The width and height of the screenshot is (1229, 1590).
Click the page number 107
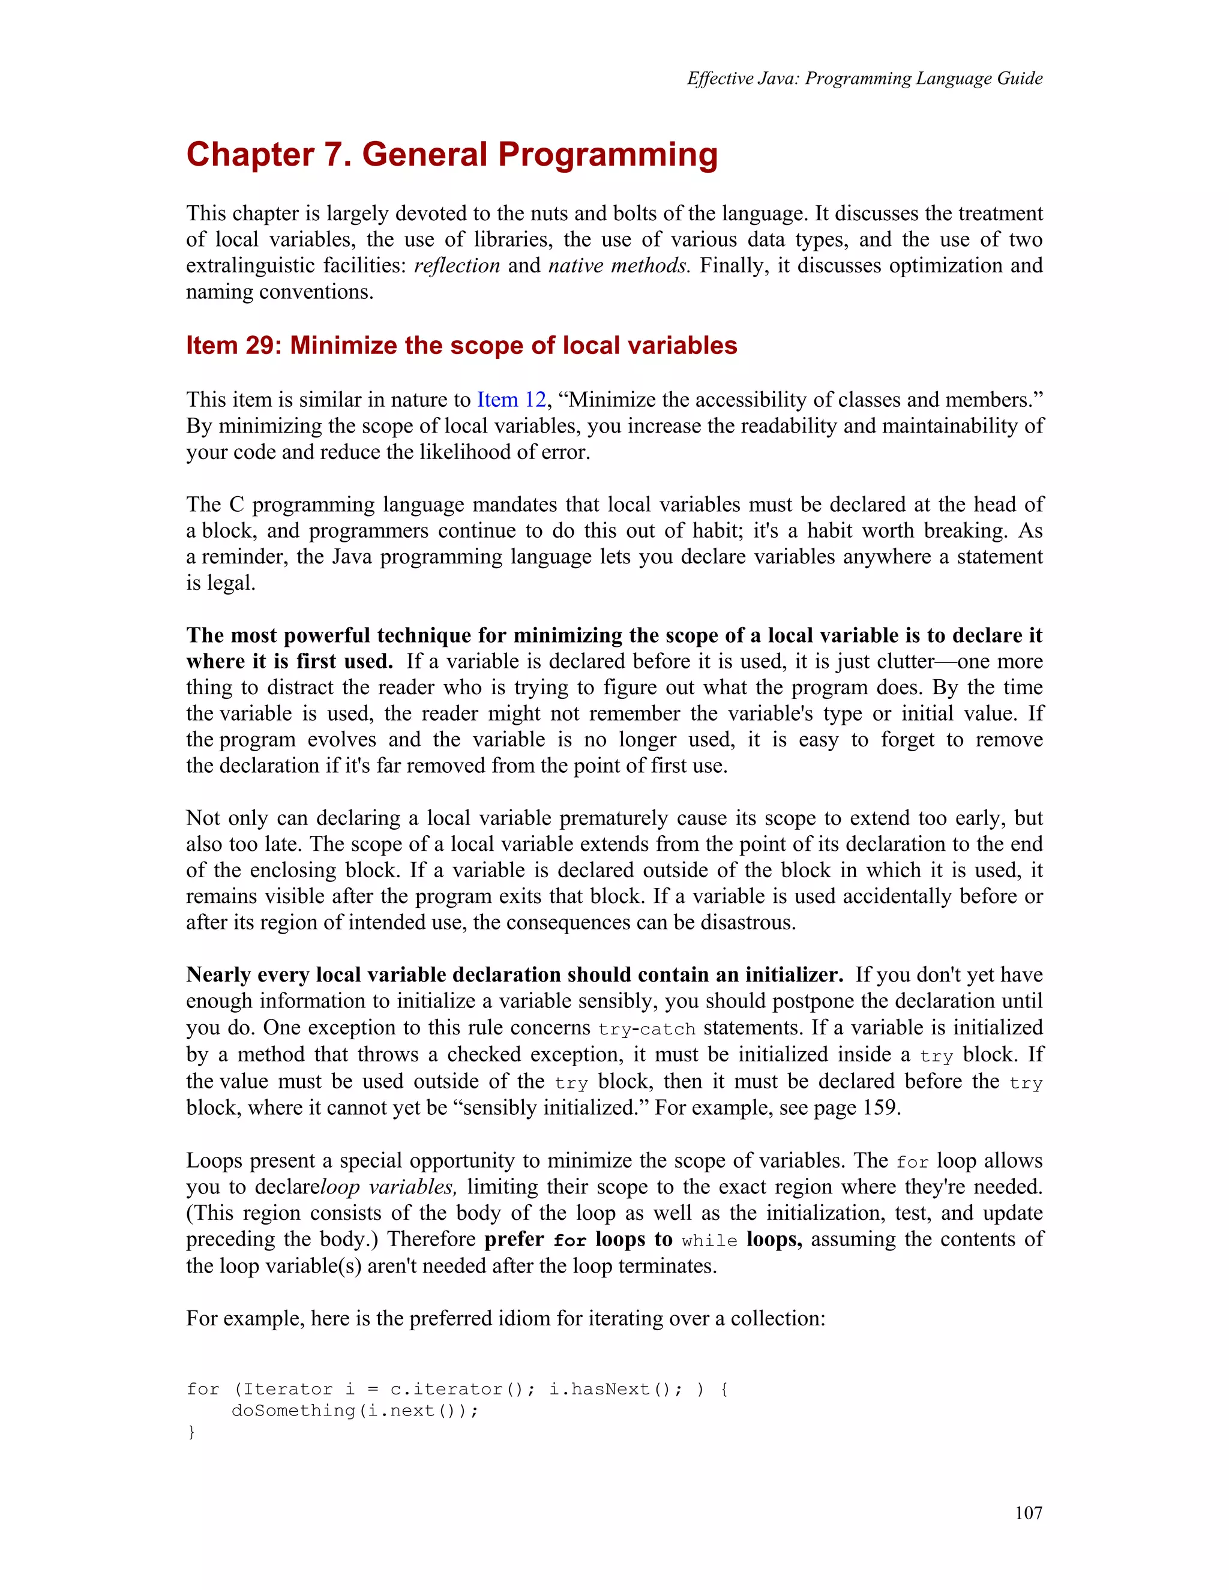click(1028, 1513)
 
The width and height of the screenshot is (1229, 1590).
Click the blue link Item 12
click(511, 400)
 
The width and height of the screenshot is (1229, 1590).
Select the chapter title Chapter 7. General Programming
click(451, 155)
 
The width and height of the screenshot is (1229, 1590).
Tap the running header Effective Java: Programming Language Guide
click(864, 79)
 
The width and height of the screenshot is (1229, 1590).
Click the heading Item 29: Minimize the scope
click(461, 345)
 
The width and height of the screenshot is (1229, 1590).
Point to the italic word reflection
click(457, 266)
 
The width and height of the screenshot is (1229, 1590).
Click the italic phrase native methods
click(618, 266)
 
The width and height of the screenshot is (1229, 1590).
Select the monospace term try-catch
click(646, 1028)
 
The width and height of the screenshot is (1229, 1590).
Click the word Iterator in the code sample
click(287, 1389)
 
